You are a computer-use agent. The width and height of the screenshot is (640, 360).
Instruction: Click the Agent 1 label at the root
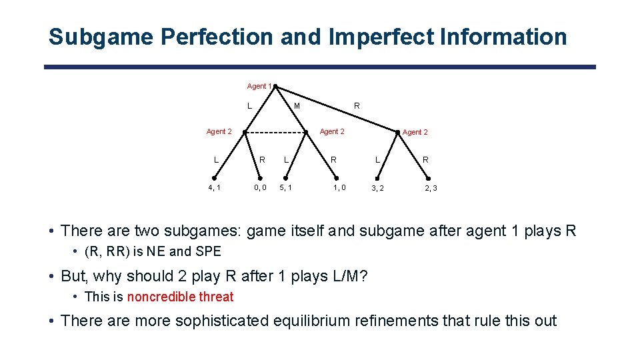(259, 86)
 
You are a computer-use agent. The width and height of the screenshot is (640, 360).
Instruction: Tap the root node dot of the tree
(275, 86)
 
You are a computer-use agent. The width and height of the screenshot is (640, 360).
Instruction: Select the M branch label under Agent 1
(297, 106)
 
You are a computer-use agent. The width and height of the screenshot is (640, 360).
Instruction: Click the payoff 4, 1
(215, 188)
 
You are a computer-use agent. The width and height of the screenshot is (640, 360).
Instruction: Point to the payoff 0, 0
(260, 188)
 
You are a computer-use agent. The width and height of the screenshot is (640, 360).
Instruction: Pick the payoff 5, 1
(286, 188)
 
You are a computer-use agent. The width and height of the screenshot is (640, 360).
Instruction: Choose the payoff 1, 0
(339, 188)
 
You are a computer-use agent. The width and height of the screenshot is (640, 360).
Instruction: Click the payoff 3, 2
(377, 189)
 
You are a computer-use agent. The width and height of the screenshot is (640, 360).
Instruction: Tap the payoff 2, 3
(431, 189)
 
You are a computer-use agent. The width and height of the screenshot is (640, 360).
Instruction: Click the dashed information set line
(275, 132)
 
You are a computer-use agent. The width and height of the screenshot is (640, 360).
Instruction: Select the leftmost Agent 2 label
(219, 131)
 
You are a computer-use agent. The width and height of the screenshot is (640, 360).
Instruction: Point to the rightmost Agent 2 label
(415, 132)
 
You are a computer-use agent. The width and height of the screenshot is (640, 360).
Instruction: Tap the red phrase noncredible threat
(180, 297)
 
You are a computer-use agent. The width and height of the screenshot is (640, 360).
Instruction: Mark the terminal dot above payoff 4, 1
(215, 178)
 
